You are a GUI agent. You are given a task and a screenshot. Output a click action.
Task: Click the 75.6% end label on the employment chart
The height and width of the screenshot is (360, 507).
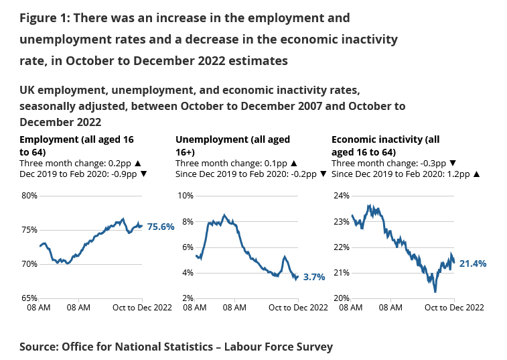(161, 227)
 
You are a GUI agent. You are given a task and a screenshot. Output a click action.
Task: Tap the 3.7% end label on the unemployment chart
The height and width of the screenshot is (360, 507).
(313, 277)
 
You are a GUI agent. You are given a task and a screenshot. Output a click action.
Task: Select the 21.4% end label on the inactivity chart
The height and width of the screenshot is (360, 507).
(472, 263)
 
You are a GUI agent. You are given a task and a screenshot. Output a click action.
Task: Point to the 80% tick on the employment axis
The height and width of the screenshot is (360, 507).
(29, 196)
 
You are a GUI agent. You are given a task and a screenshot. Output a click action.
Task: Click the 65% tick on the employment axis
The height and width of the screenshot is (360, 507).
(29, 298)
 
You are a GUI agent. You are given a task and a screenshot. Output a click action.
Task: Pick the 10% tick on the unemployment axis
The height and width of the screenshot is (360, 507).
(185, 196)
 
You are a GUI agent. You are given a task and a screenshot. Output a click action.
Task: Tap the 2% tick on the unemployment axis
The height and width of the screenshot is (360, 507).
(187, 298)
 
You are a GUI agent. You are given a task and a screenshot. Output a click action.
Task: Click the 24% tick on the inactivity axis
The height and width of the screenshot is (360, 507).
(342, 196)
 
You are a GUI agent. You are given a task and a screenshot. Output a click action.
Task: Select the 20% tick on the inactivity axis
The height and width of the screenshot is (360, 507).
(342, 298)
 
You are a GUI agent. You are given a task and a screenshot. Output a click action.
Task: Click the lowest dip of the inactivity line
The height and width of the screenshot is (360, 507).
(435, 292)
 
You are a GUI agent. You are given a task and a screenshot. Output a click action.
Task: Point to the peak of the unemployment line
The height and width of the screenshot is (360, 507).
(224, 215)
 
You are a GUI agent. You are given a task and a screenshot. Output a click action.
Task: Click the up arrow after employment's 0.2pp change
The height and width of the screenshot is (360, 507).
(138, 163)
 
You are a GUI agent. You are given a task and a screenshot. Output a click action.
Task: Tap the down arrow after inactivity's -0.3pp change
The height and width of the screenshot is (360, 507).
(453, 163)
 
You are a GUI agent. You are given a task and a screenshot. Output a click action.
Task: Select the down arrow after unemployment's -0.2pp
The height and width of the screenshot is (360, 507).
(323, 174)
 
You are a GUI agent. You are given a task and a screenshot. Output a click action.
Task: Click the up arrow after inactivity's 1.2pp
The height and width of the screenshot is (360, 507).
(476, 174)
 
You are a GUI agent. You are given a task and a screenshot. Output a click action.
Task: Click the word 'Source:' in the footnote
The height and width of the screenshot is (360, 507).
(39, 347)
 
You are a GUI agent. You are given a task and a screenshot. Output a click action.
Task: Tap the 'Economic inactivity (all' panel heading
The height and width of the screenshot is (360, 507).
(385, 140)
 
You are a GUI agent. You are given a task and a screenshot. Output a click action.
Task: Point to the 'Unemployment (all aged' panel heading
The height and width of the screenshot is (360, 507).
(232, 140)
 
